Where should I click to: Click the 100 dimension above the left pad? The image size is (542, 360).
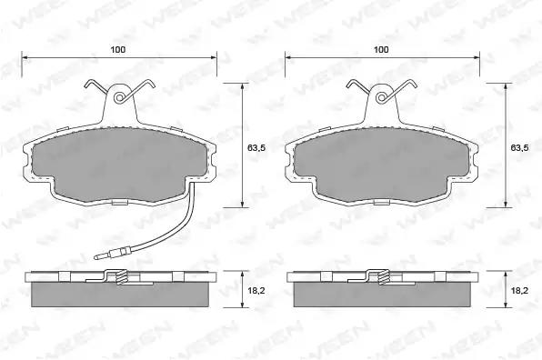coord(118,50)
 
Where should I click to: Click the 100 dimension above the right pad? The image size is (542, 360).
coord(381,50)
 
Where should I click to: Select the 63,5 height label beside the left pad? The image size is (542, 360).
coord(256,148)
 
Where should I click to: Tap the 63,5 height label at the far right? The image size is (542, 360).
coord(519,148)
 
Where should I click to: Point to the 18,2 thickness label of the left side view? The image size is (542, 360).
coord(256,291)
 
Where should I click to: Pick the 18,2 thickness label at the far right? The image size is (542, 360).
coord(519,291)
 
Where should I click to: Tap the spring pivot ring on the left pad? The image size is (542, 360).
coord(120,98)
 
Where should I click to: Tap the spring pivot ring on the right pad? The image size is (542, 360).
coord(381,98)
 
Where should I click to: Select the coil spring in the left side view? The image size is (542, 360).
coord(121,277)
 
